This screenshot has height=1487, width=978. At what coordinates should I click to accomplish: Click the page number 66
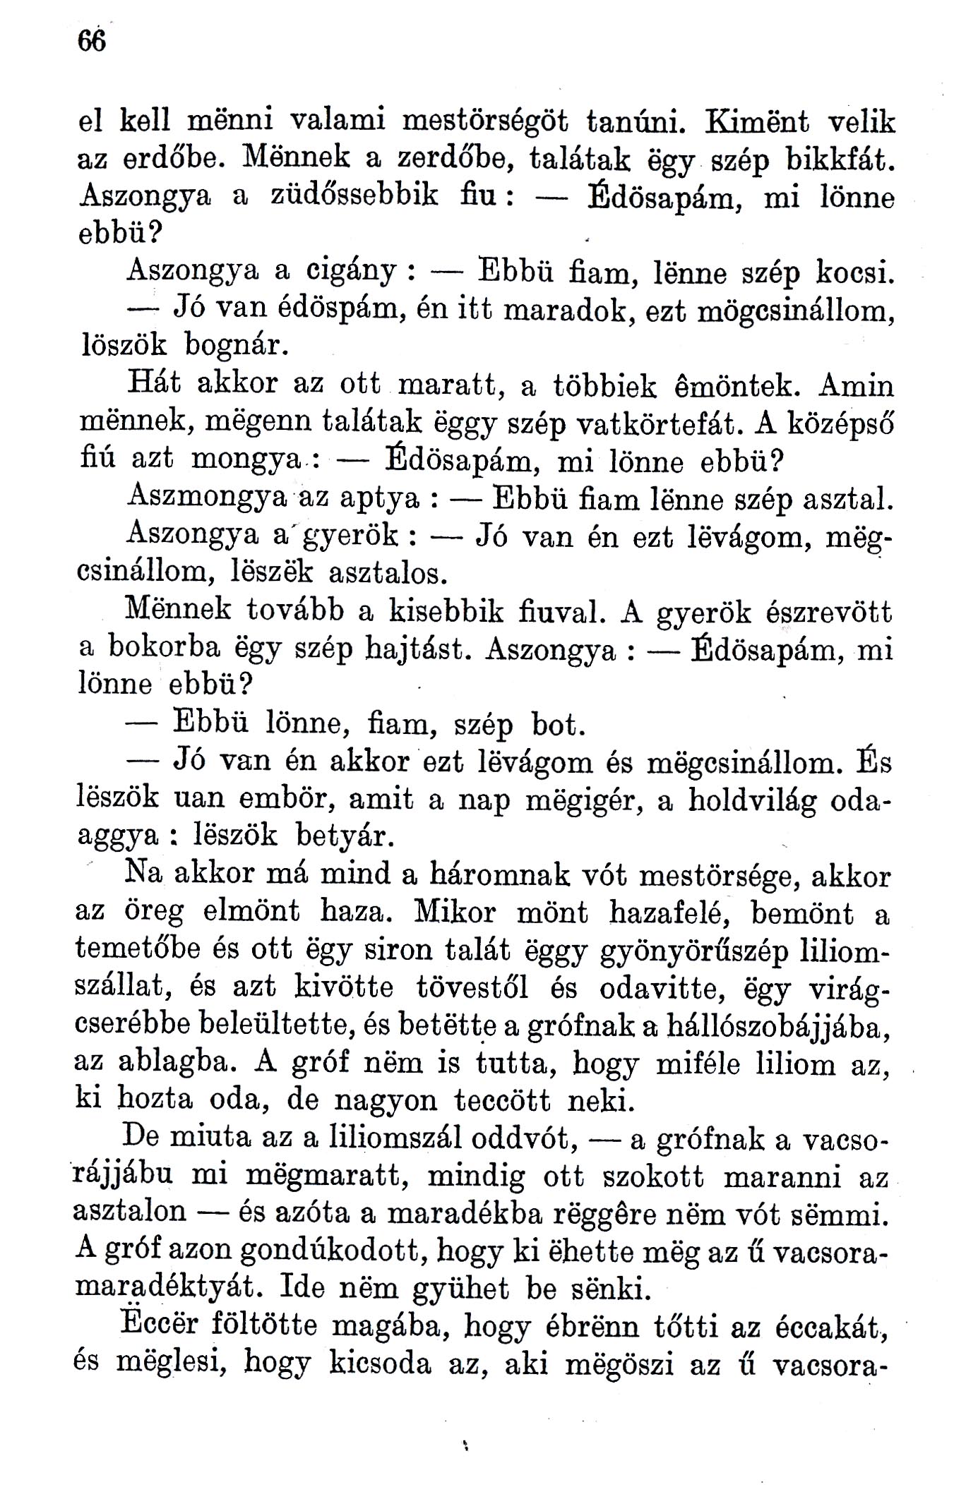point(92,42)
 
